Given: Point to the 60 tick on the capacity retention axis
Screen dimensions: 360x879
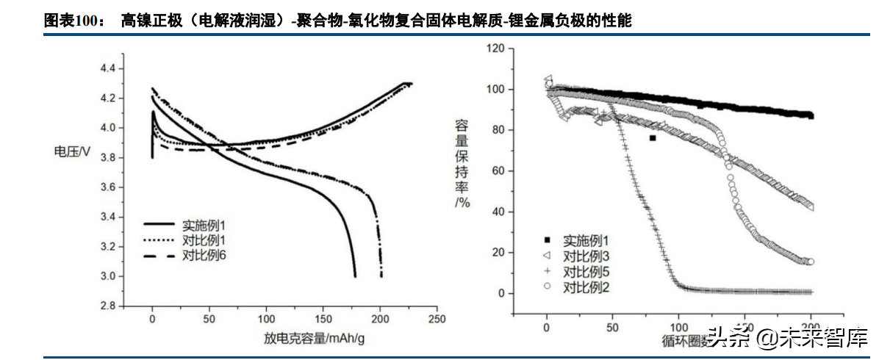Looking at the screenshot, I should pos(499,171).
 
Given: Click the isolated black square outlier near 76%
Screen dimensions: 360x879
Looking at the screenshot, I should pos(652,137).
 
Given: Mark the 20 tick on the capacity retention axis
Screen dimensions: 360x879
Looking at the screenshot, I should pos(499,253).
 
